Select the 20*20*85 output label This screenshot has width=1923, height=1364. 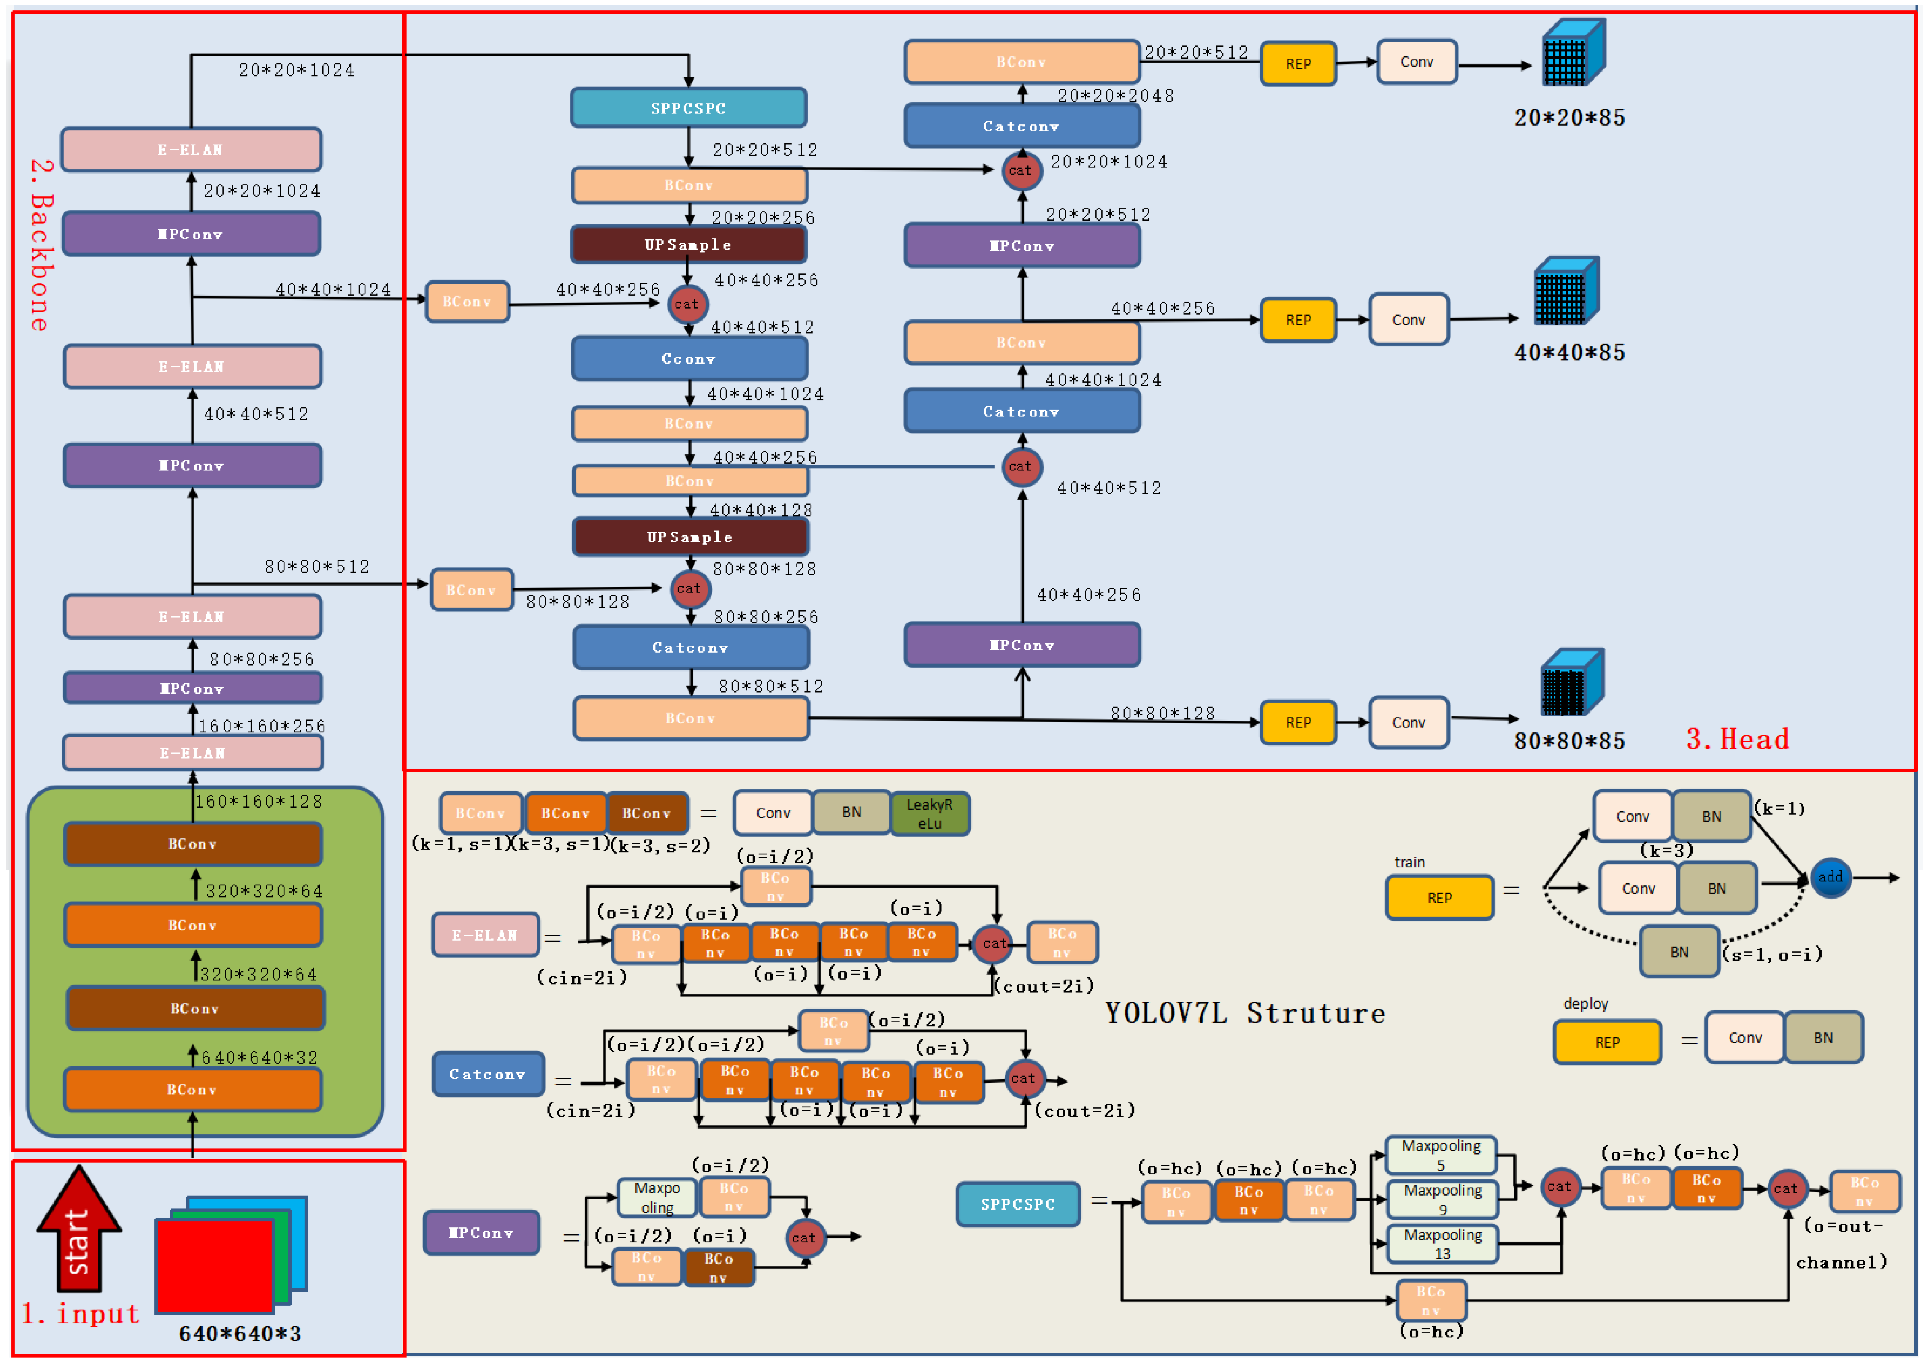[x=1569, y=117]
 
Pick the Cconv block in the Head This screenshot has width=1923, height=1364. [x=689, y=359]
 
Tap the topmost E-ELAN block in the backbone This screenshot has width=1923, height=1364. [x=191, y=149]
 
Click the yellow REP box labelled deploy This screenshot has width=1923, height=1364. [x=1607, y=1042]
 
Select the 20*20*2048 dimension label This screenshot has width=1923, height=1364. [x=1115, y=96]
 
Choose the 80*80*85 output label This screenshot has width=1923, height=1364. [x=1569, y=741]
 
